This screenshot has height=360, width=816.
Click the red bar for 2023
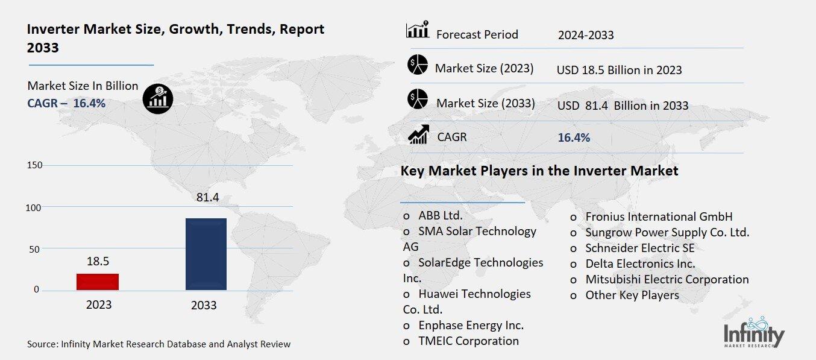click(x=98, y=282)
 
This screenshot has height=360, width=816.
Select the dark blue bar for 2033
click(x=206, y=254)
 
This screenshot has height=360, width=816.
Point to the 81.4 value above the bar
click(x=206, y=197)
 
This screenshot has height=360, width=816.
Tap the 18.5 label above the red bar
click(x=98, y=261)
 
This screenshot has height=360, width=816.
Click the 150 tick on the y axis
click(x=34, y=165)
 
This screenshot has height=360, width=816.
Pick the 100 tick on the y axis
click(x=34, y=207)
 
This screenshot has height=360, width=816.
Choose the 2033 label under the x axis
click(x=204, y=305)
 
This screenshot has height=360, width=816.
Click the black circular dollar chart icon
click(x=158, y=98)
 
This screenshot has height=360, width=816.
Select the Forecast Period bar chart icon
click(x=417, y=30)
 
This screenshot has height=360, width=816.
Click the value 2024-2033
click(x=585, y=35)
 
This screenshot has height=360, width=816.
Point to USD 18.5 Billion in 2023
click(x=619, y=70)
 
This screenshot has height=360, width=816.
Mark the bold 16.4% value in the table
click(x=574, y=137)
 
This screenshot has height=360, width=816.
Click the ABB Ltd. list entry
click(x=440, y=216)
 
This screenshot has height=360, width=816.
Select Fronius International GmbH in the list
click(x=659, y=216)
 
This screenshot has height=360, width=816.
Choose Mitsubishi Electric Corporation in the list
click(x=667, y=279)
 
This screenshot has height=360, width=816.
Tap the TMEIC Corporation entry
click(x=468, y=341)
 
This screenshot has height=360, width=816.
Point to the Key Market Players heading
click(x=539, y=171)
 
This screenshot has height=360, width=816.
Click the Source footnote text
click(x=158, y=344)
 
